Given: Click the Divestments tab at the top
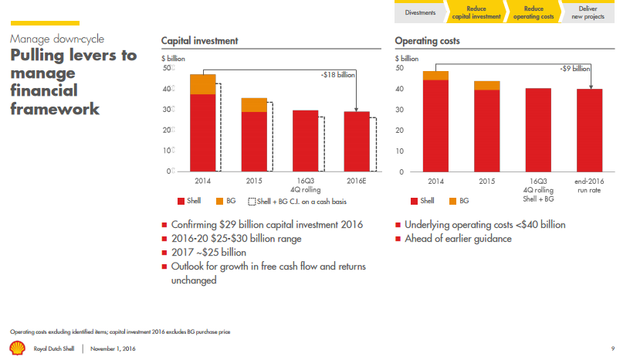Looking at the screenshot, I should [421, 12].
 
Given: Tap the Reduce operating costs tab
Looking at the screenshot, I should [533, 12].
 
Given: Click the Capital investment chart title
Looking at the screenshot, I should [199, 40].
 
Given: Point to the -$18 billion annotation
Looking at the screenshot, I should [337, 75].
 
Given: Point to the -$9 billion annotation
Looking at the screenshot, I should [575, 69].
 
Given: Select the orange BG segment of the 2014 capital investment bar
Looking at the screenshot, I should [202, 84].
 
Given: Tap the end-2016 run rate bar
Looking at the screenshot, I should [590, 130].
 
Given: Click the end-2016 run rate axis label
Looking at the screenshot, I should [590, 185].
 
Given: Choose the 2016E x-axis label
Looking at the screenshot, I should [356, 182].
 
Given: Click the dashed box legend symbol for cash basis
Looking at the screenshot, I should [252, 202].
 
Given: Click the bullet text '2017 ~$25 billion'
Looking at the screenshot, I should [209, 253].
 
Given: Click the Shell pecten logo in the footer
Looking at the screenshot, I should [17, 348].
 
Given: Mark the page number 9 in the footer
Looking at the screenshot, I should [612, 348].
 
